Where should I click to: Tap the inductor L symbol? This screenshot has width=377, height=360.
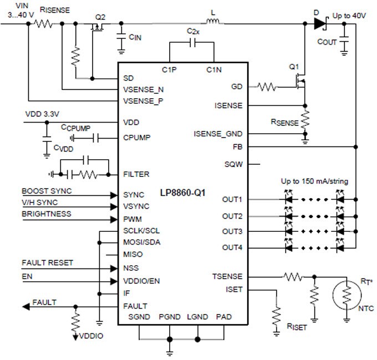[213, 23]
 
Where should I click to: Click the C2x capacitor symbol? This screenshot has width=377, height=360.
[192, 42]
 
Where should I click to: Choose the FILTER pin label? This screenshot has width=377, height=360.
[136, 174]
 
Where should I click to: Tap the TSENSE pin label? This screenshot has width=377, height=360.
[227, 276]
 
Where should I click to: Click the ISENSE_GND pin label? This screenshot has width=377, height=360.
[218, 134]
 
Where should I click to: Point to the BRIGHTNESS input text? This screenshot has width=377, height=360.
[47, 214]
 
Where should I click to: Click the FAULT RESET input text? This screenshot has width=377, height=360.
[47, 262]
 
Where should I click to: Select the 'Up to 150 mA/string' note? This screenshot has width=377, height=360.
[315, 182]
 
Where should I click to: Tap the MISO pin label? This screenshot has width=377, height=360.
[133, 254]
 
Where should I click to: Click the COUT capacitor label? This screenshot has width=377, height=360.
[327, 42]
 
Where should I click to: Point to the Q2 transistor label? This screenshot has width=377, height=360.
[100, 17]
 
